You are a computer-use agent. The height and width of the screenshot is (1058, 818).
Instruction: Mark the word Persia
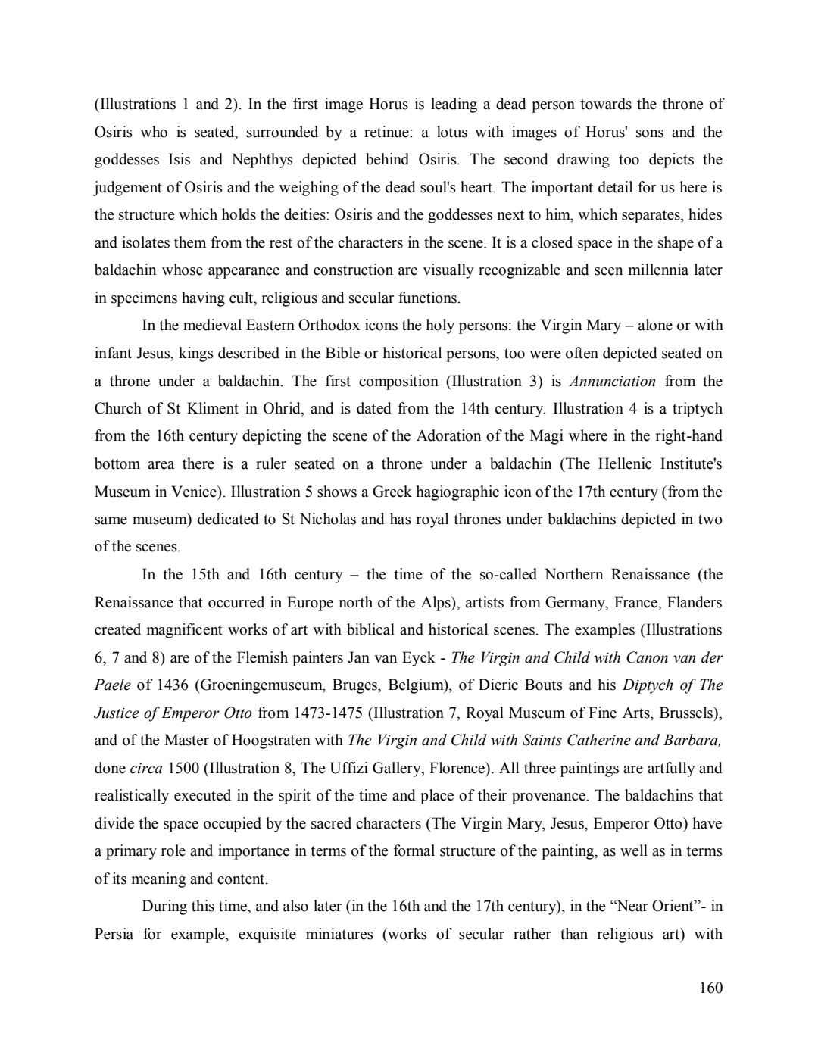114,934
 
